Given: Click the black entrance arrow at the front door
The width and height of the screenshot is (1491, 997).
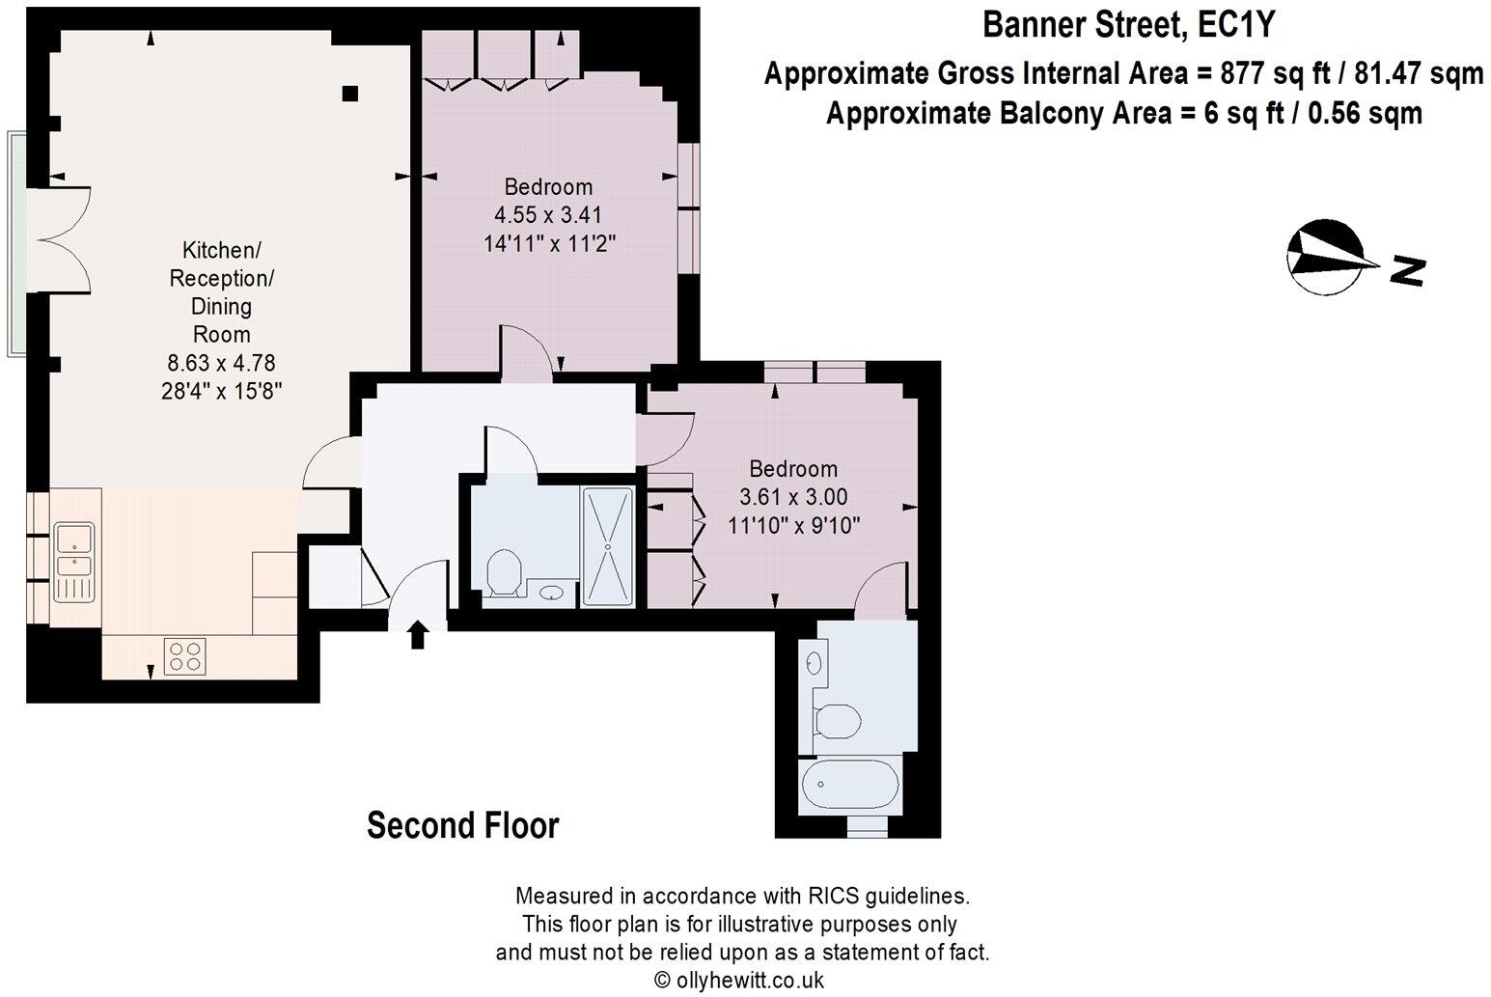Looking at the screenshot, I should pyautogui.click(x=417, y=634).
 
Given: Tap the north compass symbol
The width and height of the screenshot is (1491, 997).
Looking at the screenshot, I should pyautogui.click(x=1325, y=259).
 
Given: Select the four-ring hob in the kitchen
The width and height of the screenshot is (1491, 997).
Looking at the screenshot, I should pyautogui.click(x=185, y=655).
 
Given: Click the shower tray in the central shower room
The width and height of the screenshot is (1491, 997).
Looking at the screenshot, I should pyautogui.click(x=608, y=546).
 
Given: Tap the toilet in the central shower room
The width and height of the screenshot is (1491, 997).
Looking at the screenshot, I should pyautogui.click(x=504, y=572).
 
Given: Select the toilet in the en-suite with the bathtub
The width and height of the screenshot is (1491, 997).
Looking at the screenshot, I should pyautogui.click(x=836, y=720).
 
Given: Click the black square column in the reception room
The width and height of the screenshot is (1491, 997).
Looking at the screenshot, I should pyautogui.click(x=350, y=93).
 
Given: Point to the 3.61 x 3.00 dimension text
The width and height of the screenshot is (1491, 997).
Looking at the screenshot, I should pyautogui.click(x=793, y=497).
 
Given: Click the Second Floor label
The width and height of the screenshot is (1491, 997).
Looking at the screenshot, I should pyautogui.click(x=462, y=826).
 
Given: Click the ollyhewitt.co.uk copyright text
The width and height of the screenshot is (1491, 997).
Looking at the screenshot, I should pyautogui.click(x=739, y=980).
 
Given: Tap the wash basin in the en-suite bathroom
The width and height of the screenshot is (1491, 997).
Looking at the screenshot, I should pyautogui.click(x=813, y=663).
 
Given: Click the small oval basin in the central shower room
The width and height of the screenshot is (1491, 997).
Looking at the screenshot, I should pyautogui.click(x=551, y=594).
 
